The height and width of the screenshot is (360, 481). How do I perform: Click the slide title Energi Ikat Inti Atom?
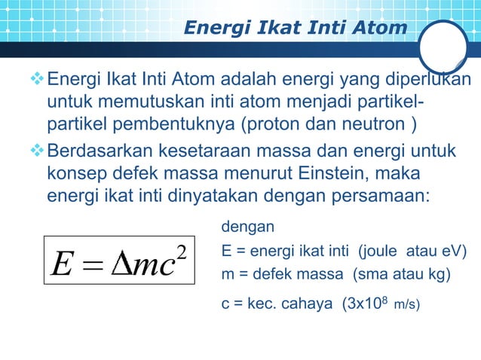click(296, 29)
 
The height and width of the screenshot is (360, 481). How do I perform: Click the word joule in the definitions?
click(376, 251)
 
